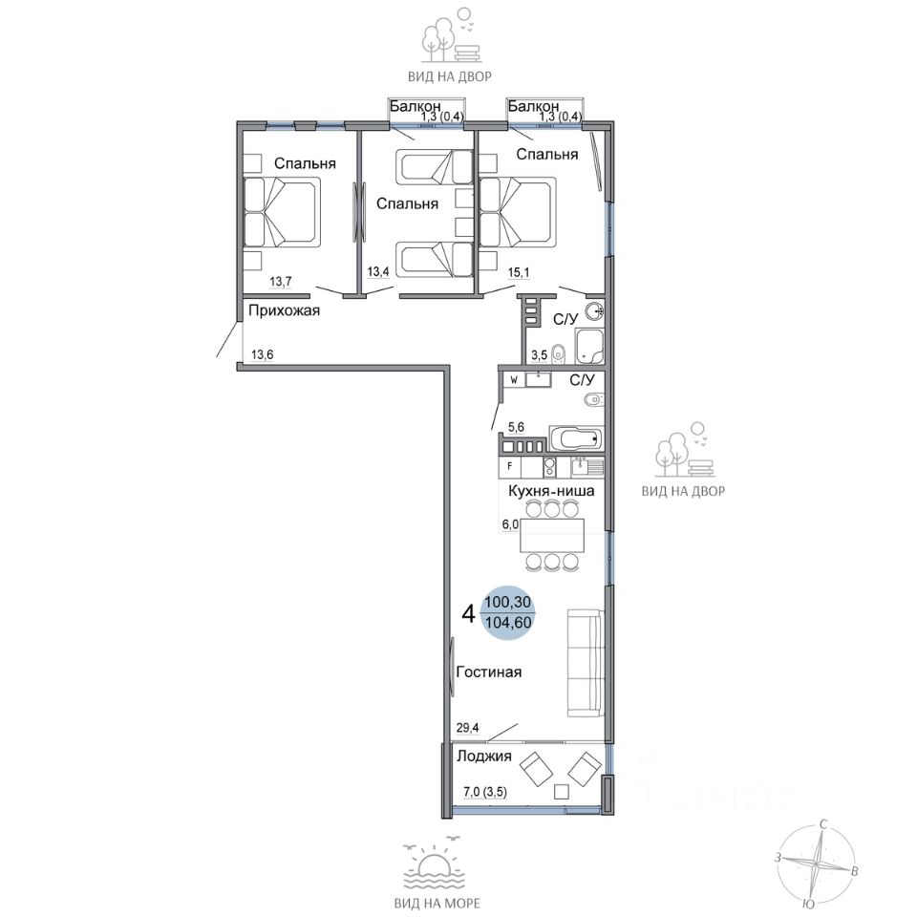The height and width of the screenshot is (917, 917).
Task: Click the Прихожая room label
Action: click(285, 311)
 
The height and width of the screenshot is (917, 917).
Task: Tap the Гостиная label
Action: click(489, 672)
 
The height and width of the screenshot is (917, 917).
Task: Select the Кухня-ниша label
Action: click(551, 491)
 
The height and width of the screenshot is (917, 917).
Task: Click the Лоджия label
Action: click(484, 757)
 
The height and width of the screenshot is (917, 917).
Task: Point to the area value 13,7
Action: click(280, 282)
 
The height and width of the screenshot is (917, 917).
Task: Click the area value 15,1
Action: click(519, 272)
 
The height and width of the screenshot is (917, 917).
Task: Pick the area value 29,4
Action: click(467, 728)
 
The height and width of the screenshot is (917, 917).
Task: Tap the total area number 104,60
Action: click(509, 623)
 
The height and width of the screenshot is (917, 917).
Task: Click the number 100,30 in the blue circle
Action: click(508, 602)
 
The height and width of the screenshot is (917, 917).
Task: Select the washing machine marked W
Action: click(514, 380)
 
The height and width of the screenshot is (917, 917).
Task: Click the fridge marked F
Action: click(510, 467)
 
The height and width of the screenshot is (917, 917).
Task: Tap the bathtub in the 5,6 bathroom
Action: click(576, 438)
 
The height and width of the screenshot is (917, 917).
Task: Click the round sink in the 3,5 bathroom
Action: click(595, 311)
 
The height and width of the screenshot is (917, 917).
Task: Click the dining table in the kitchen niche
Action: click(552, 536)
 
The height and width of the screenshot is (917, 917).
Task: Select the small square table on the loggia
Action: click(562, 792)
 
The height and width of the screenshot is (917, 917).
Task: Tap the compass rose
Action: click(817, 863)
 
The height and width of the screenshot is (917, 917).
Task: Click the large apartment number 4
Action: click(468, 613)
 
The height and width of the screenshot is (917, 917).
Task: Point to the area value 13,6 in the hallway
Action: click(263, 354)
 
